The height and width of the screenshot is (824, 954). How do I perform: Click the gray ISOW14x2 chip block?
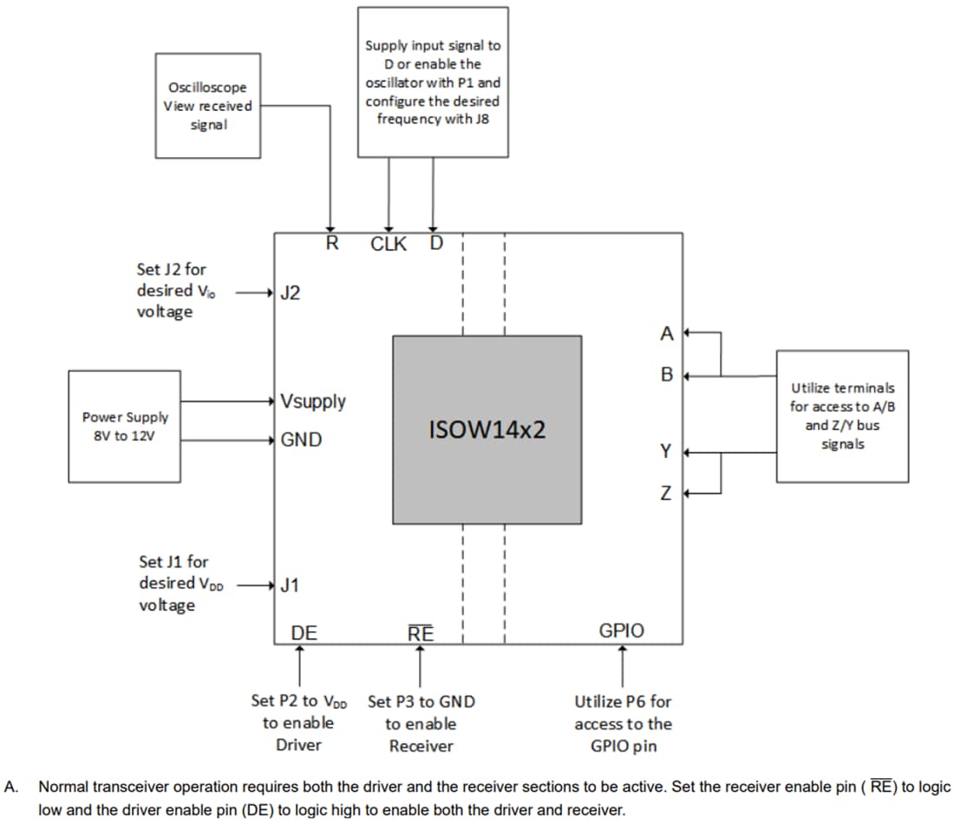(x=487, y=429)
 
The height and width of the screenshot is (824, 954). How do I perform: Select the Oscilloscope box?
(x=207, y=105)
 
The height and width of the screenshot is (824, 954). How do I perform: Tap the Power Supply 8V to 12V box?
(x=125, y=426)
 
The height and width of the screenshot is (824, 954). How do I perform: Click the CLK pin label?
(x=388, y=244)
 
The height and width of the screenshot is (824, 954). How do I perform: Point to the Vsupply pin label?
(x=313, y=402)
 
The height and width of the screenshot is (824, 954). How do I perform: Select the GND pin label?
(x=301, y=440)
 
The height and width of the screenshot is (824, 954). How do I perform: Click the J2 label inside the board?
(x=291, y=293)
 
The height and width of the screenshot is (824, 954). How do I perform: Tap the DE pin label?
(x=303, y=633)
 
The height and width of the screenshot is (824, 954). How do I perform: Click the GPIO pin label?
(x=622, y=631)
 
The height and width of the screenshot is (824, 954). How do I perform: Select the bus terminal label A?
(x=666, y=333)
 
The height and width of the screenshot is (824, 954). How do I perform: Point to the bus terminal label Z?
(x=666, y=494)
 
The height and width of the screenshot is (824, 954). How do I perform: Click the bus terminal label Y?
(x=666, y=451)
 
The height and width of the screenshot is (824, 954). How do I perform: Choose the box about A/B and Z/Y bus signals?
(x=842, y=416)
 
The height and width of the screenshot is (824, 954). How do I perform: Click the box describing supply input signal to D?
(x=433, y=82)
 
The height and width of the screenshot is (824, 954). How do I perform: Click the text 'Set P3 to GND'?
(x=421, y=701)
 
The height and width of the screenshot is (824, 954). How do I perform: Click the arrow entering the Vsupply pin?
(x=230, y=402)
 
